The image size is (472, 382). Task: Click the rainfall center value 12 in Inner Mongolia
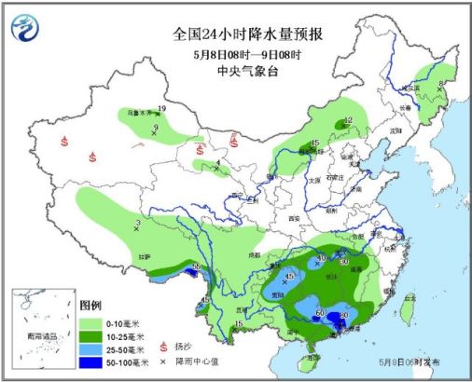348,120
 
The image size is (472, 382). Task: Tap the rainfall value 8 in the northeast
441,85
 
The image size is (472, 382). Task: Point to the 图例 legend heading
90,306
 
